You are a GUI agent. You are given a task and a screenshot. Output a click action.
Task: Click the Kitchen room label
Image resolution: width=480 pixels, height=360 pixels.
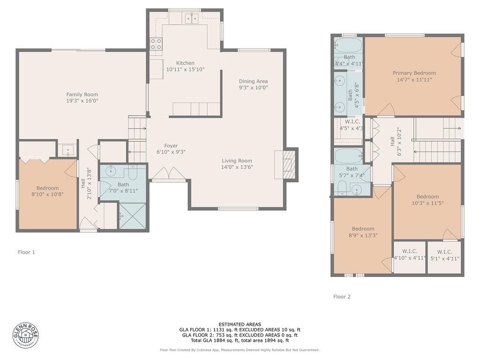[x=185, y=63]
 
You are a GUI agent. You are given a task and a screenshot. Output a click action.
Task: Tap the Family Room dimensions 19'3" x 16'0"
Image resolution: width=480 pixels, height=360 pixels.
[x=82, y=101]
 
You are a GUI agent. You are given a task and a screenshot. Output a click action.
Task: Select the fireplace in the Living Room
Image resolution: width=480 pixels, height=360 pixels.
[x=286, y=165]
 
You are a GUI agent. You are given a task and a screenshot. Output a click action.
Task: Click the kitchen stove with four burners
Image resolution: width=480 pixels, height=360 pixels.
[x=156, y=44]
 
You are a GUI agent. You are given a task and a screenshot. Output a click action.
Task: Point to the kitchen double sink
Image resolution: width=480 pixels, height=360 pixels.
[x=192, y=19]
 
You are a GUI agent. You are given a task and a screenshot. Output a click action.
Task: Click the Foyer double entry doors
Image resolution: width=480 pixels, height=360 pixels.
[x=169, y=173]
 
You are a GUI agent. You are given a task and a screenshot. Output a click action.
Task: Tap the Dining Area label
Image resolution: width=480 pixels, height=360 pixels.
[x=254, y=81]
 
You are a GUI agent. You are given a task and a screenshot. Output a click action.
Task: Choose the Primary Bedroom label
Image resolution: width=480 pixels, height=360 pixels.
[x=414, y=73]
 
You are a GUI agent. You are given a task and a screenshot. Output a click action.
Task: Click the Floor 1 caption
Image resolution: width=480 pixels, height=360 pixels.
[x=26, y=252]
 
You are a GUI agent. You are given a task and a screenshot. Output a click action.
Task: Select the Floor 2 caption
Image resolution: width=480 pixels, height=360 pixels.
[x=342, y=297]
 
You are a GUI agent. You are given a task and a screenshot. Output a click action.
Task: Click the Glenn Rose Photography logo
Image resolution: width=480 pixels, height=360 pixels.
[x=26, y=336]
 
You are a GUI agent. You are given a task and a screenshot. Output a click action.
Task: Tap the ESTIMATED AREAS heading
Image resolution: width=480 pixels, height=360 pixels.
[x=240, y=324]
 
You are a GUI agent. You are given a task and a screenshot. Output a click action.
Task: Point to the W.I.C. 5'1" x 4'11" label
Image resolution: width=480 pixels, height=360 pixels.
[x=445, y=255]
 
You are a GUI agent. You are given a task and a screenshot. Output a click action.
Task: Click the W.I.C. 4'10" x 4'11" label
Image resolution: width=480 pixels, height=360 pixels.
[x=410, y=255]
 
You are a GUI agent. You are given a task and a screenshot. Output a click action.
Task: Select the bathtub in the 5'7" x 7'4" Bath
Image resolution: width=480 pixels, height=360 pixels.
[x=349, y=156]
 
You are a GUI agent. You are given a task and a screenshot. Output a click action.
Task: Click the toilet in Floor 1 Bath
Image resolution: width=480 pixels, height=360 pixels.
[x=133, y=173]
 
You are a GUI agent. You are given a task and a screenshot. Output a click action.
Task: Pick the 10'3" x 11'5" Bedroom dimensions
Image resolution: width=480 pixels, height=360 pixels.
[x=427, y=203]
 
